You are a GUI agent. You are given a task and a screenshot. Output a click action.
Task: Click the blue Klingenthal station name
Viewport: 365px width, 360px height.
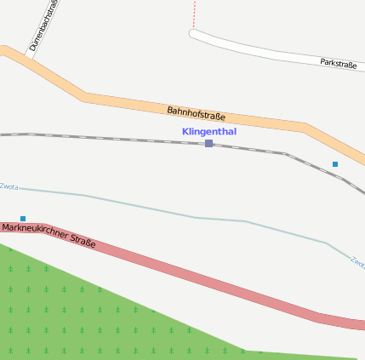point(208,132)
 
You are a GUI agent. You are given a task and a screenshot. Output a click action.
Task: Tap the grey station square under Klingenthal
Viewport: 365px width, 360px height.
point(208,143)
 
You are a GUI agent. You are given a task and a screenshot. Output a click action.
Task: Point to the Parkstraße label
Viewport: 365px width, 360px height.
point(338,63)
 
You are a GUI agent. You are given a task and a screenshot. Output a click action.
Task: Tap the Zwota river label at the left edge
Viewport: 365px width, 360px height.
point(9,186)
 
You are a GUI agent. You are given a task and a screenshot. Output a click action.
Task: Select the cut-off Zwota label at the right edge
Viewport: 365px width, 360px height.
point(357,264)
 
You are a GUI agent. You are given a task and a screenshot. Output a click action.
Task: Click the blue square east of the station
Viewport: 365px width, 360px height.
point(335,163)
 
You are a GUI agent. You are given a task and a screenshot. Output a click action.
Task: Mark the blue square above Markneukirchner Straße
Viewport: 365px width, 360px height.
point(23,219)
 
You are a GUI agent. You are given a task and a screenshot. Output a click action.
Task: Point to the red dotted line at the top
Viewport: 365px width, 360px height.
point(194,13)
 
